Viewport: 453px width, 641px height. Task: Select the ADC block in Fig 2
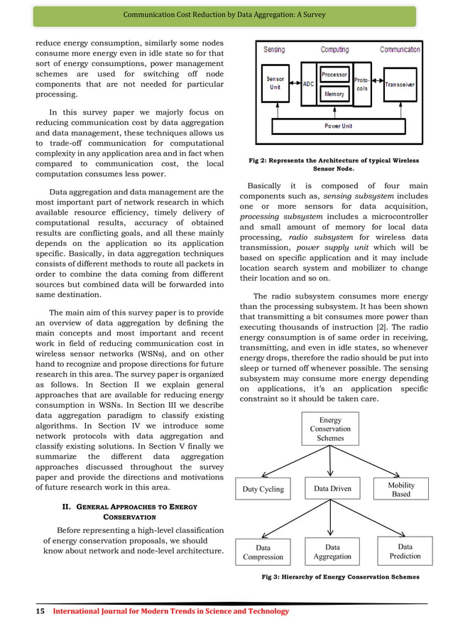pos(308,84)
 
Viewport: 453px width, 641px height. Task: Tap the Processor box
pos(334,74)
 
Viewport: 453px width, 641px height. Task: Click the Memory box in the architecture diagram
pos(334,94)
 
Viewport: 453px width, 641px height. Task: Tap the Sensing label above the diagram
pos(274,50)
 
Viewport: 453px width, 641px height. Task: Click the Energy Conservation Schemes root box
pos(330,429)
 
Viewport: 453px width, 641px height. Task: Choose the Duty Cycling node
pos(263,489)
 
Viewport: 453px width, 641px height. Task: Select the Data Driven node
pos(332,489)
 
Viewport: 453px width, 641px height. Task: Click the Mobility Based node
pos(401,489)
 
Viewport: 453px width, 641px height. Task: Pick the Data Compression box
pos(263,552)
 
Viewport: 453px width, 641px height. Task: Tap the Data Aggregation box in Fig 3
pos(332,552)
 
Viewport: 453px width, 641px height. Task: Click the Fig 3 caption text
pos(341,577)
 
